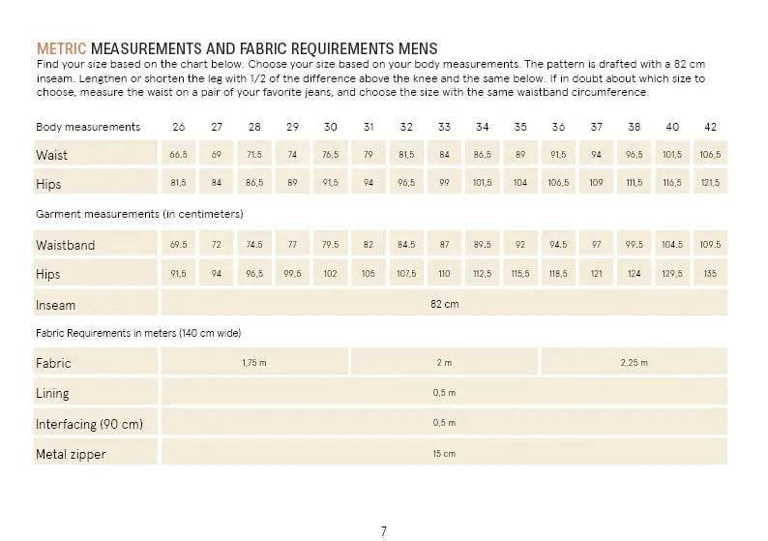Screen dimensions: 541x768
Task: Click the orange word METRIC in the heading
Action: pos(61,48)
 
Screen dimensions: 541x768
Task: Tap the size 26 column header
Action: pos(179,127)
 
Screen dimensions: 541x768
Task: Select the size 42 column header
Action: pos(710,127)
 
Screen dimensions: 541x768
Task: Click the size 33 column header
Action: pos(444,127)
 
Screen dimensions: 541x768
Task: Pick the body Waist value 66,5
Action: pos(178,155)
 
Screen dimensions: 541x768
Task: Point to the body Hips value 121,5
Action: pos(710,182)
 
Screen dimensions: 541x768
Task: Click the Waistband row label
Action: pos(66,245)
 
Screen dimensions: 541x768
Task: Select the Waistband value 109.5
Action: pos(710,245)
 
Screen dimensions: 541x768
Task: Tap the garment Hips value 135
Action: pos(710,274)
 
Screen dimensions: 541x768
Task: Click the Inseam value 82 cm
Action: pos(444,304)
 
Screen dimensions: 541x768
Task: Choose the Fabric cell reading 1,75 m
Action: pos(253,363)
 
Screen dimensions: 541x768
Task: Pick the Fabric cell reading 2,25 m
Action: pos(634,363)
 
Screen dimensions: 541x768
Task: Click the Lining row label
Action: pos(52,394)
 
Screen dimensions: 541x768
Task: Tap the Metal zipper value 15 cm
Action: pos(444,453)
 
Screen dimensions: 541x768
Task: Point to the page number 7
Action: pos(384,530)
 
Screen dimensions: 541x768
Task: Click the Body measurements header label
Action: pos(88,127)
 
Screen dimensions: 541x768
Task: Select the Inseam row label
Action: pos(55,305)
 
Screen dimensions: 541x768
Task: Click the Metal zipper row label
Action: pos(71,454)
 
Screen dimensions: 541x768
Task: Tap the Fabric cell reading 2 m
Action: pos(444,363)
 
